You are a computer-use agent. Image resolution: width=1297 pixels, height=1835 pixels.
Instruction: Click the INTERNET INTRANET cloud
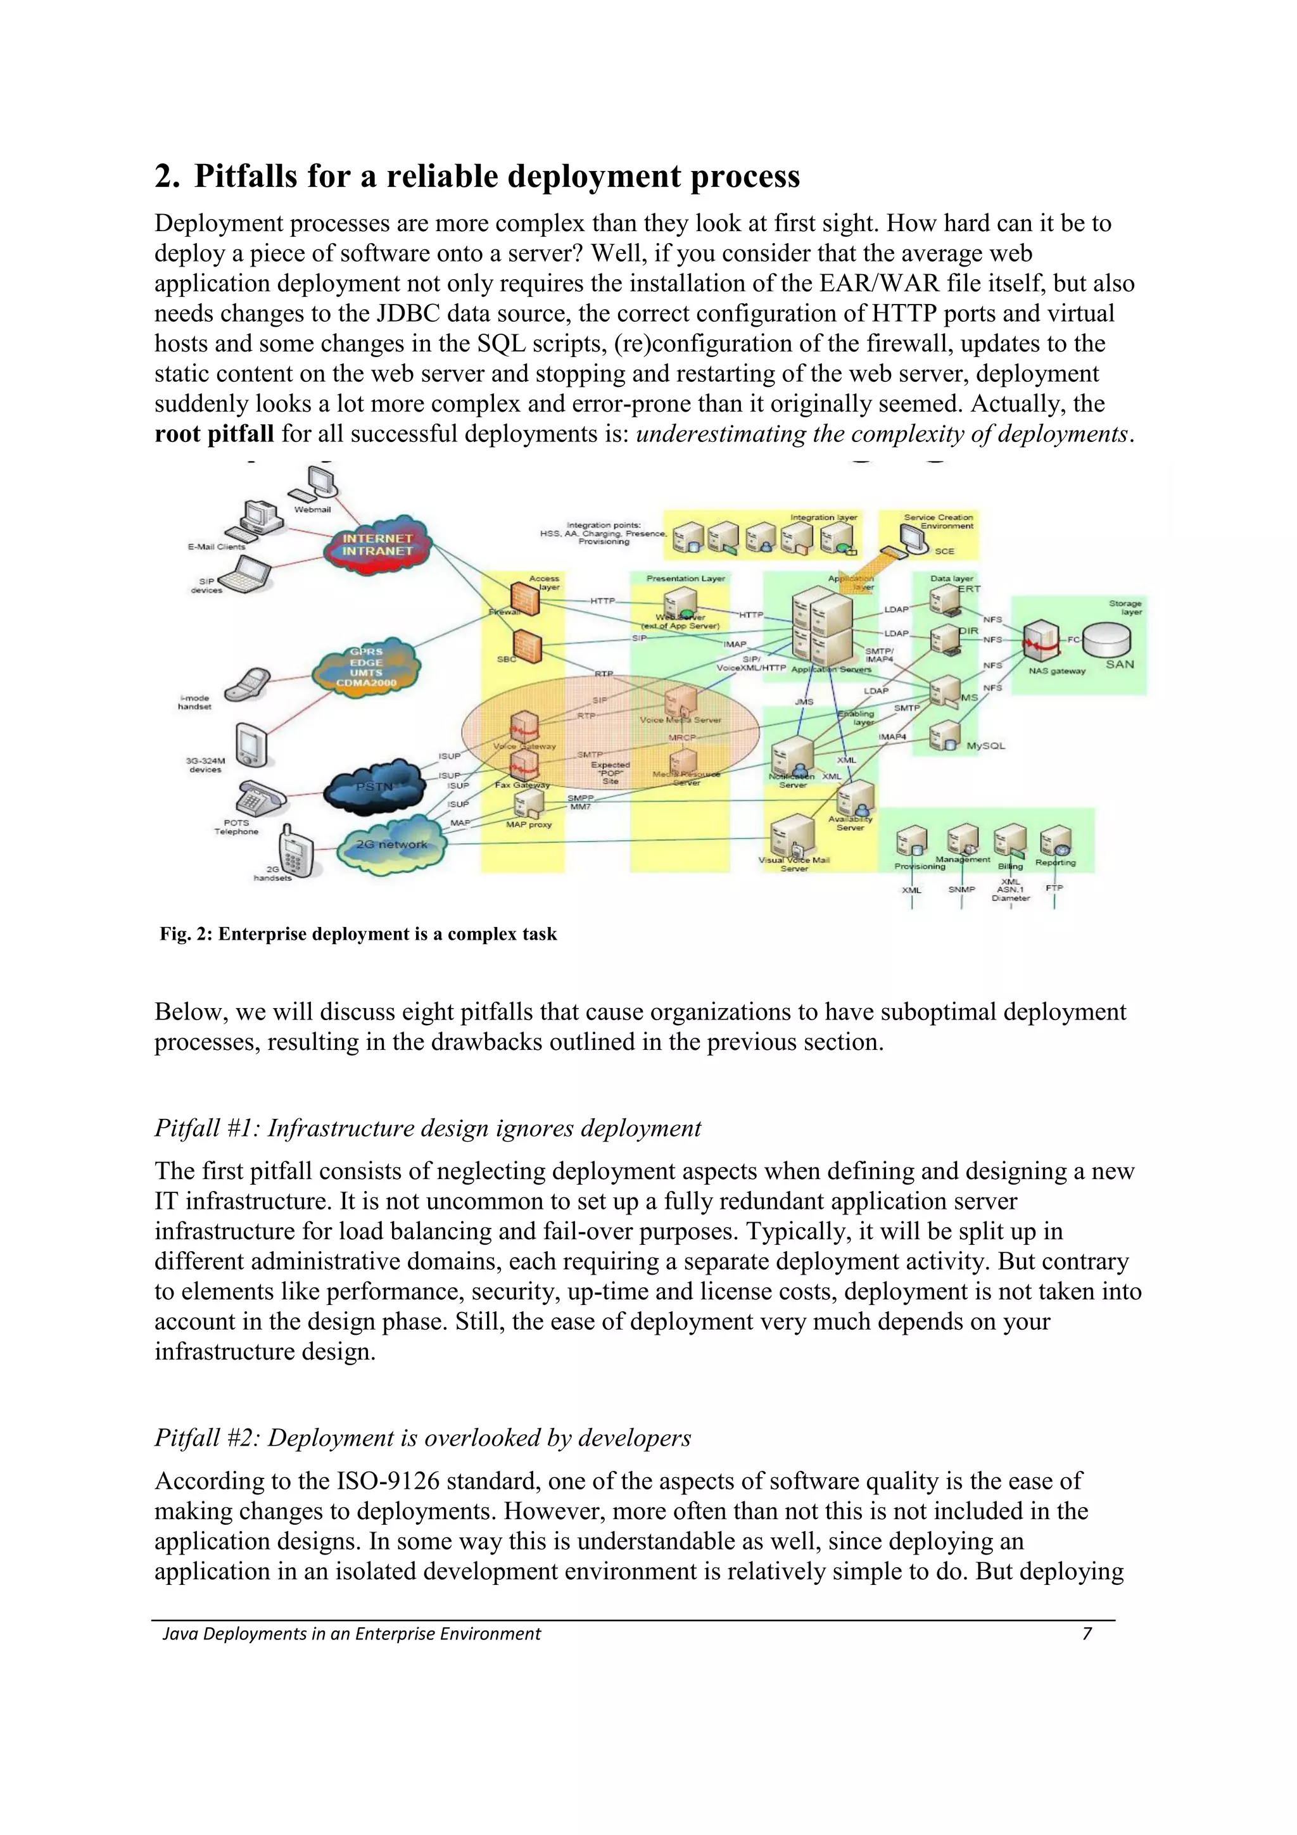pyautogui.click(x=377, y=545)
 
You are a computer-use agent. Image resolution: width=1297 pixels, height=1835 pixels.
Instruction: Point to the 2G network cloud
pyautogui.click(x=391, y=845)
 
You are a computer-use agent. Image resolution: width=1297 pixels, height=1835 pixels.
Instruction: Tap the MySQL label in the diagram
pyautogui.click(x=985, y=746)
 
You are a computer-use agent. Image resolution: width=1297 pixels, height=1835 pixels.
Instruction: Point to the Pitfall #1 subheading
pyautogui.click(x=427, y=1128)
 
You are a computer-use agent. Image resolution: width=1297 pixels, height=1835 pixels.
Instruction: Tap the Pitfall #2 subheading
pyautogui.click(x=422, y=1438)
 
